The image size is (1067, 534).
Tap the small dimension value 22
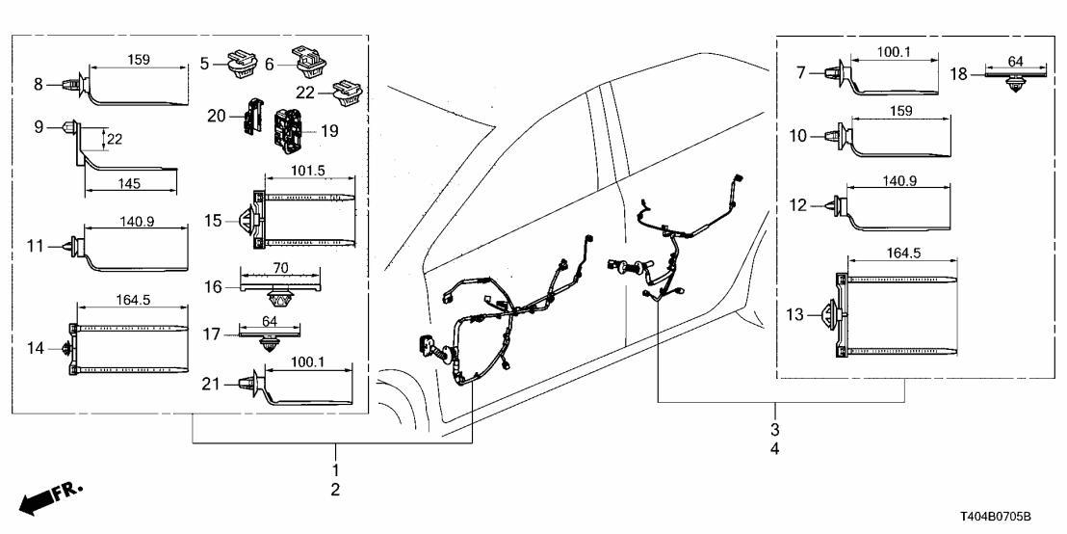114,140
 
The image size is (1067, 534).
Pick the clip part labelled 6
309,64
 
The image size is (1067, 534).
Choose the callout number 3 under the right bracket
774,428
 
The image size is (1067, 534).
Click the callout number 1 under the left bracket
335,469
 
